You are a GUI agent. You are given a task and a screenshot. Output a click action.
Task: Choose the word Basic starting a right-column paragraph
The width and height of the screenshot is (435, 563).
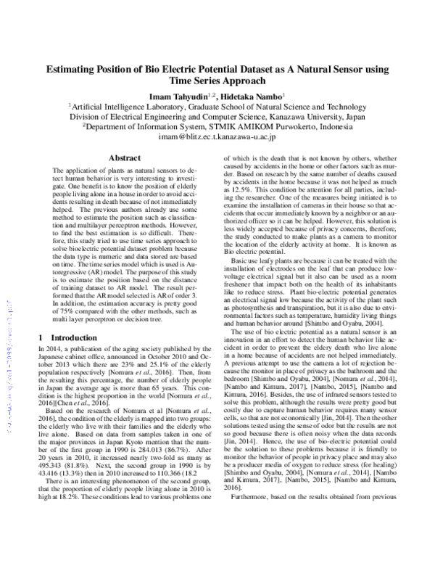(x=241, y=260)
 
